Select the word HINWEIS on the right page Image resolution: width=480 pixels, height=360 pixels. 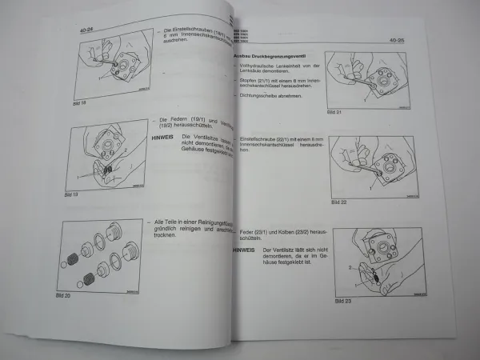(245, 250)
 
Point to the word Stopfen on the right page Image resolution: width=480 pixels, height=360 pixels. (250, 80)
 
